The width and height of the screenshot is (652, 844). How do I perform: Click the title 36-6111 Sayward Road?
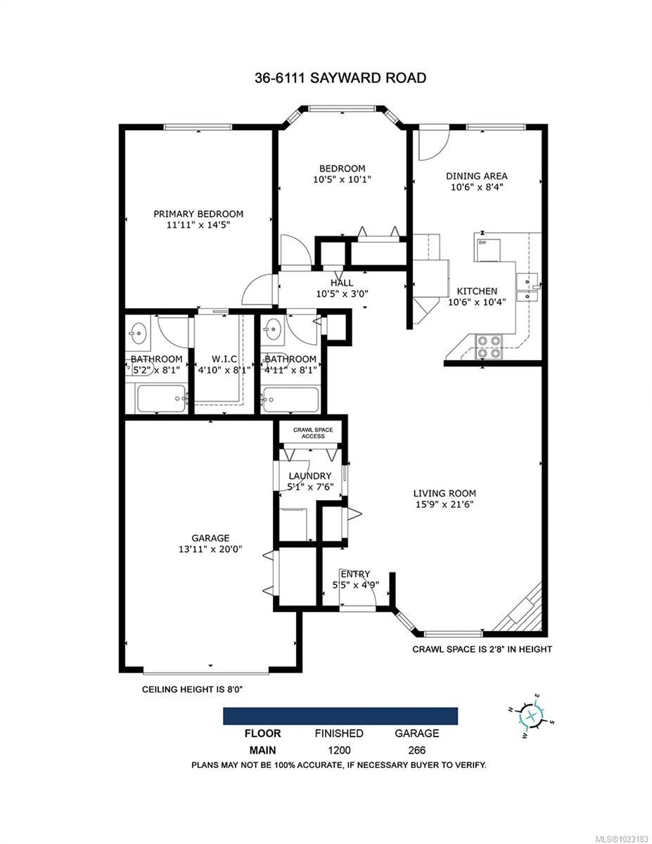click(340, 77)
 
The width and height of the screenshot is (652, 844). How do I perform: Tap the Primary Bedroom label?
click(198, 214)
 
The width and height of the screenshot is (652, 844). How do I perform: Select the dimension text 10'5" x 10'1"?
click(342, 180)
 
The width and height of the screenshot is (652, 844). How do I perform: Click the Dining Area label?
click(476, 176)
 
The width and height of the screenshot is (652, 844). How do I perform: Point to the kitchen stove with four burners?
click(489, 347)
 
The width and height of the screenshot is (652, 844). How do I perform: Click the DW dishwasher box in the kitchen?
click(487, 250)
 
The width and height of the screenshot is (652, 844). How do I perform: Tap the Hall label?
click(342, 283)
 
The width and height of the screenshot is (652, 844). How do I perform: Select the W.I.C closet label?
click(224, 359)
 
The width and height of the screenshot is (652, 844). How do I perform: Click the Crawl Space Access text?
click(313, 433)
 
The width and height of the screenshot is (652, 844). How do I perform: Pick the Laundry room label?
click(310, 475)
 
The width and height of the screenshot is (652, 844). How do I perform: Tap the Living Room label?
click(445, 493)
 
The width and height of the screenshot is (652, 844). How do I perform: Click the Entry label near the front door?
click(355, 574)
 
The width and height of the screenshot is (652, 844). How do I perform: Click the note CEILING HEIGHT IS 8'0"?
click(192, 689)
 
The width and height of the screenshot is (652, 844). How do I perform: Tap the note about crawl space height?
click(482, 649)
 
